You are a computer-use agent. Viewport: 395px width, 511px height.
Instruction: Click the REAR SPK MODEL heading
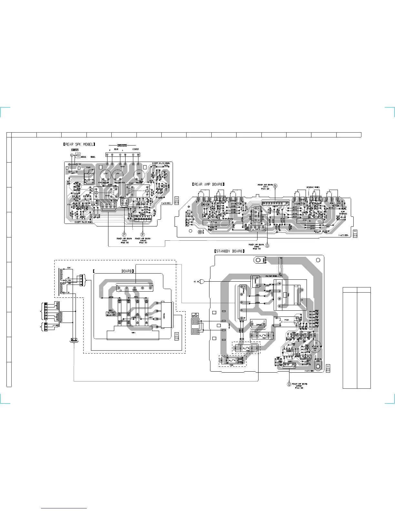click(x=79, y=144)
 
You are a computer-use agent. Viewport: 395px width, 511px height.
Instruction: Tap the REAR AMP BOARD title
click(x=208, y=185)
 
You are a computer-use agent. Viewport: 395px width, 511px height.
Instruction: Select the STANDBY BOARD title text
click(x=229, y=251)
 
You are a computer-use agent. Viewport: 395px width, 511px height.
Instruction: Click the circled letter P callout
click(x=124, y=235)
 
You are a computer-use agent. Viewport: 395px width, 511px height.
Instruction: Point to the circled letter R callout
click(x=143, y=235)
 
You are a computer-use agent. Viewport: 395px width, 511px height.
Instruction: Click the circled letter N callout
click(x=275, y=185)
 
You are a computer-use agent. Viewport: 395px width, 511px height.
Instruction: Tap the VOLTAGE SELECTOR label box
click(x=110, y=314)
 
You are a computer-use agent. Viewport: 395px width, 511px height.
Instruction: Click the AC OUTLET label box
click(x=195, y=315)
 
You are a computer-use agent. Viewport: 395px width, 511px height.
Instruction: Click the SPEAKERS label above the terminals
click(x=122, y=145)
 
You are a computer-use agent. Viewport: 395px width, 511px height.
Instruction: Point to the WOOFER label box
click(x=75, y=150)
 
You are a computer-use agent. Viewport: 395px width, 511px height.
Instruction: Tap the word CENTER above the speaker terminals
click(x=136, y=149)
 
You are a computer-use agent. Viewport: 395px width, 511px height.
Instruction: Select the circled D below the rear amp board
click(x=267, y=245)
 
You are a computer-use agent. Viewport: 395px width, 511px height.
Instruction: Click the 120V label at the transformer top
click(x=69, y=268)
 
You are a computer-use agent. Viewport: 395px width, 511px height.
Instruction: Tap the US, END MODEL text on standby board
click(x=271, y=276)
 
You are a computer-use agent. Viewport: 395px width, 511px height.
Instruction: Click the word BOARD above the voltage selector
click(x=126, y=271)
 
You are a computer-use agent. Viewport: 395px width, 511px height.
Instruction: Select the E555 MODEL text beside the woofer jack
click(x=87, y=157)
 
